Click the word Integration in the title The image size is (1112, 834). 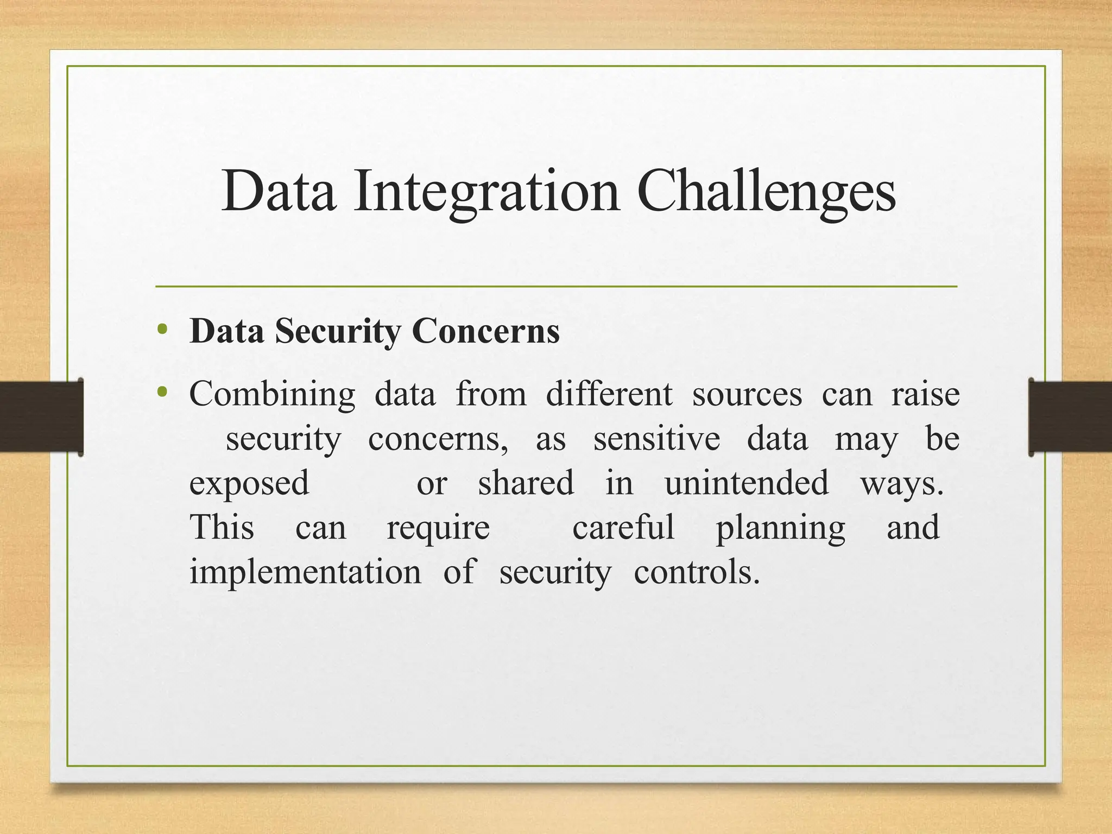coord(486,192)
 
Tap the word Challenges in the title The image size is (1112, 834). coord(766,192)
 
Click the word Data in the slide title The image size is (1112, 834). coord(279,192)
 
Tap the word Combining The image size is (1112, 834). coord(272,394)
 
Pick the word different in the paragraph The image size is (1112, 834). coord(609,394)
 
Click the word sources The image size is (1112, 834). coord(747,394)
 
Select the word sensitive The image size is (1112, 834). coord(656,439)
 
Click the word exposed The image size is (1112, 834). coord(249,483)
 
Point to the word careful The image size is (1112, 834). coord(623,527)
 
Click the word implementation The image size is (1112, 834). coord(305,572)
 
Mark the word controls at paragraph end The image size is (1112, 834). coord(696,572)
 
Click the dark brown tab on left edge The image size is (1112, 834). coord(41,417)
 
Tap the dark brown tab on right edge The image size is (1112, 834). coord(1070,417)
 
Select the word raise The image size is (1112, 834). coord(925,394)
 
